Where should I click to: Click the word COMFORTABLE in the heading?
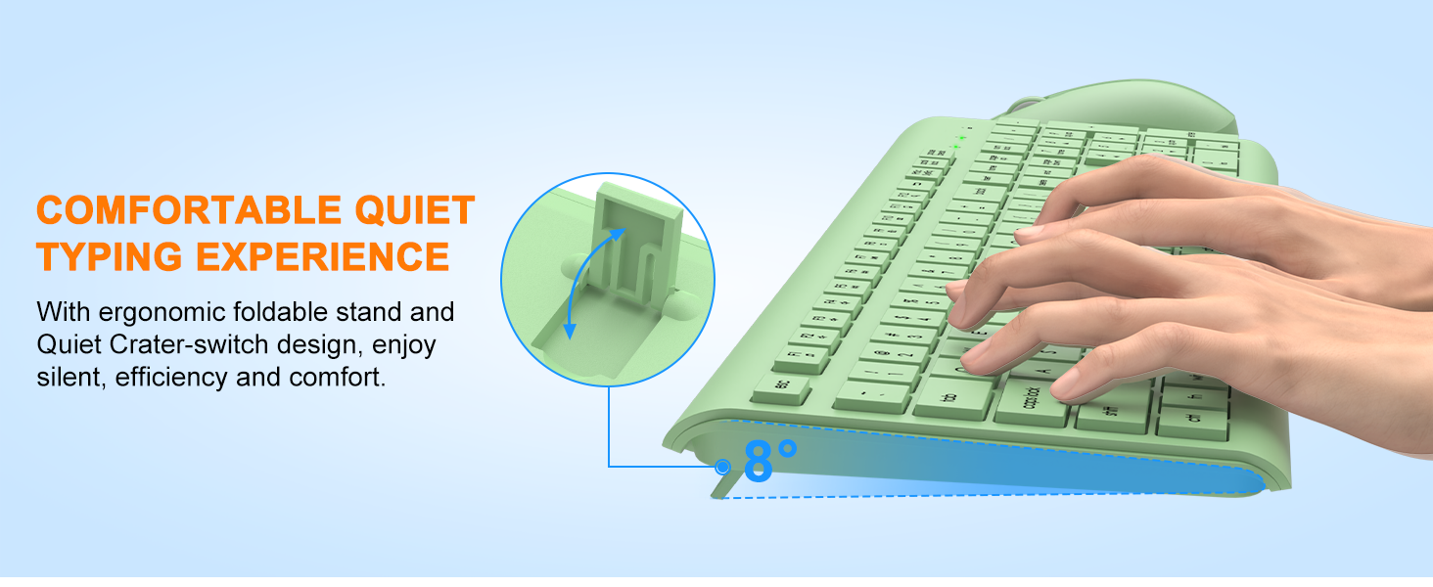(179, 210)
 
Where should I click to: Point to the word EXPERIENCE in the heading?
(323, 256)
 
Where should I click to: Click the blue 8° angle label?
(769, 461)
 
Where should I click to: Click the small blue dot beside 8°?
(723, 467)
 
